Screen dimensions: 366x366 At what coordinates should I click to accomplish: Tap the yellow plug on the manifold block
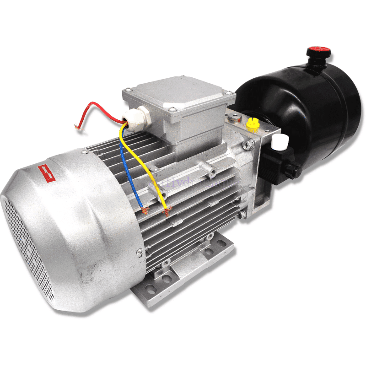click(251, 124)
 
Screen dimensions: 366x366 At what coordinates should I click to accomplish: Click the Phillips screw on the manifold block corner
click(248, 145)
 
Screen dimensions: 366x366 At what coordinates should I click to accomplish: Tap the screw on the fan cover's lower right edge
click(138, 251)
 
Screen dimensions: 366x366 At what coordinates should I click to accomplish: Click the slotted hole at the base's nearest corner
click(150, 288)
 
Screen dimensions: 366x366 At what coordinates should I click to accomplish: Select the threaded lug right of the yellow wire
click(211, 172)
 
